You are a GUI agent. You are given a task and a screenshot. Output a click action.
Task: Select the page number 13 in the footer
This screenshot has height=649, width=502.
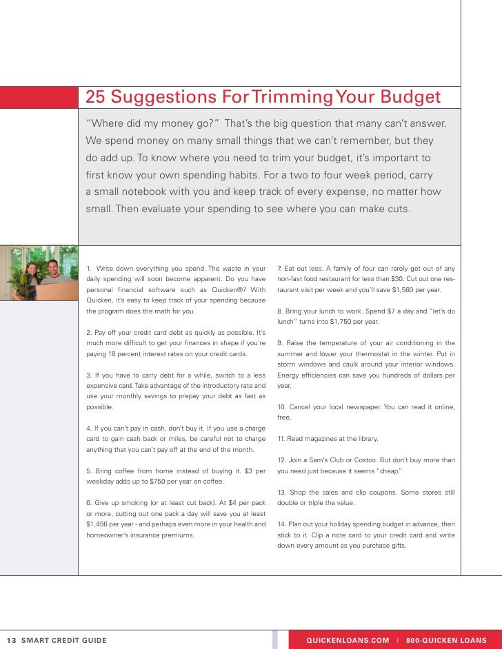(x=11, y=640)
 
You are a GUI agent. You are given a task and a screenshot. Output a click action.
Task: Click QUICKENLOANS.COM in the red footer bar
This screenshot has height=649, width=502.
(x=348, y=640)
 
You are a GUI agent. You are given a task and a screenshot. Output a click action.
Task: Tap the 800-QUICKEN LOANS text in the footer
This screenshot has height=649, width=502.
(x=446, y=640)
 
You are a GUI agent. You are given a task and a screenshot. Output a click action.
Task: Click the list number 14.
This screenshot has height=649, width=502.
(x=281, y=524)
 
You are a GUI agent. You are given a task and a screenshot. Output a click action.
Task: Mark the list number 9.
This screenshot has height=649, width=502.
(x=280, y=343)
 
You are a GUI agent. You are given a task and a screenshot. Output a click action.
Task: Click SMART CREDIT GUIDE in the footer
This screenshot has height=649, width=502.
(x=64, y=640)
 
